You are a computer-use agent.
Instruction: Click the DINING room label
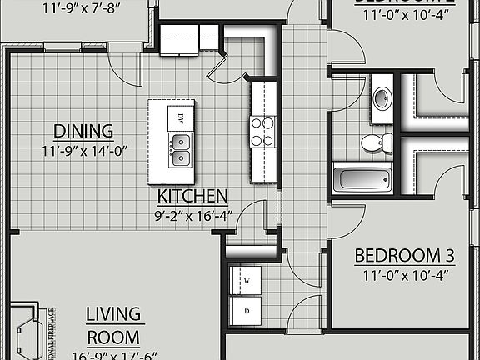click(83, 131)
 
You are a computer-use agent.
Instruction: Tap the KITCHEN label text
click(193, 197)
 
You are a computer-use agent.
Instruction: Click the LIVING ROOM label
click(114, 325)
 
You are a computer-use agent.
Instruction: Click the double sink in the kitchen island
click(181, 150)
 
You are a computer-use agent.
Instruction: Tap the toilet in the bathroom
click(372, 142)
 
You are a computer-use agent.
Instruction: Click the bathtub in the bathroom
click(362, 179)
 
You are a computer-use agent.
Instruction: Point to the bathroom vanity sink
click(382, 96)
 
